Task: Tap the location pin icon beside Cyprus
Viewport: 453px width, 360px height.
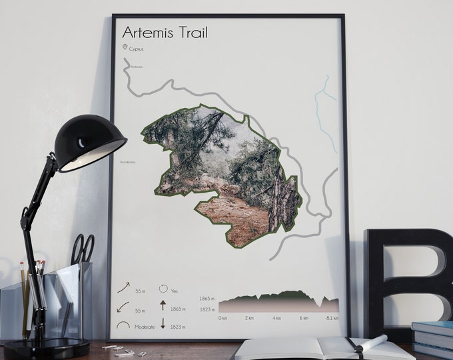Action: (x=125, y=47)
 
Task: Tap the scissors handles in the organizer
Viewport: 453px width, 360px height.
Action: (x=83, y=248)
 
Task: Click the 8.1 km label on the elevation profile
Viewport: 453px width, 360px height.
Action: (x=332, y=318)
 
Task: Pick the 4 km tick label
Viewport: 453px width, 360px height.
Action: (x=276, y=318)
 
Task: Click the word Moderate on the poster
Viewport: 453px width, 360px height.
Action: (x=144, y=326)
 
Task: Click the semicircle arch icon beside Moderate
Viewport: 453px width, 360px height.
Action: (x=123, y=325)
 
